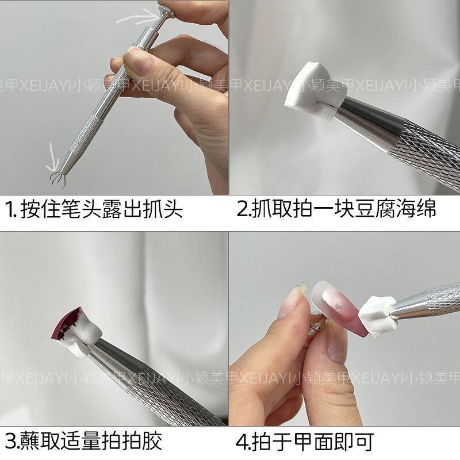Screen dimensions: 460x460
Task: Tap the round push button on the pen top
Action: (x=166, y=10)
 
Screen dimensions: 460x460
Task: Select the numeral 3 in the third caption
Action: (x=11, y=442)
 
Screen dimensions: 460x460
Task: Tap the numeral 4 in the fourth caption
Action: (x=242, y=442)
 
